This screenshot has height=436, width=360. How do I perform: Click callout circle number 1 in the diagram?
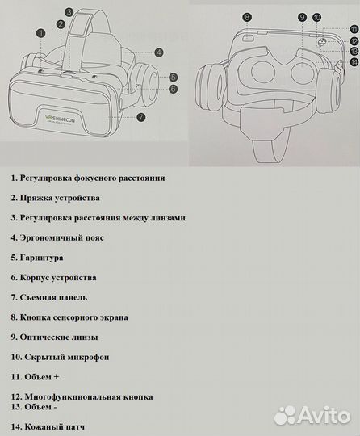pos(41,33)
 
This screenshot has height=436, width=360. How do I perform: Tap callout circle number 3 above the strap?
pos(69,13)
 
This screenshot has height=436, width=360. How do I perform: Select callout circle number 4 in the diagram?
pos(159,52)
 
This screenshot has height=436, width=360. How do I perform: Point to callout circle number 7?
pos(140,116)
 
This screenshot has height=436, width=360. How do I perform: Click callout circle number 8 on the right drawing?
pos(247,17)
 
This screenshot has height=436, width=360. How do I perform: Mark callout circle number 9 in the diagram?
pos(301,17)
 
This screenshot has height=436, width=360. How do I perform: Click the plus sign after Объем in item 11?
pos(56,376)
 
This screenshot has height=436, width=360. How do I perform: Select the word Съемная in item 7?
pos(40,297)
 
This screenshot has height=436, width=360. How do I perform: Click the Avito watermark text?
pos(324,416)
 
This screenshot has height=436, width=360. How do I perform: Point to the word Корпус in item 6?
pos(37,277)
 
